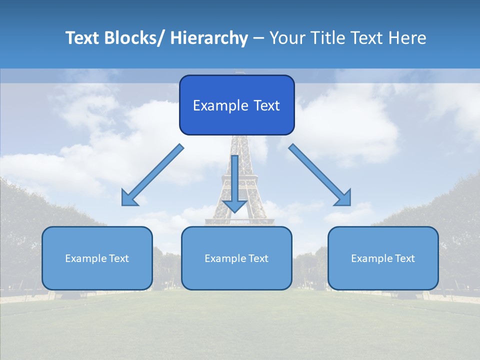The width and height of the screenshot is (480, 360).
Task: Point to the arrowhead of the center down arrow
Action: pos(234,205)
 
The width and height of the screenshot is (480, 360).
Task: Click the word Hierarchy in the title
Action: pos(209,38)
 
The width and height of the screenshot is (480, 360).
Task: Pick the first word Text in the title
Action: pos(82,38)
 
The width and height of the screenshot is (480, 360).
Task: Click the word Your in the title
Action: pos(287,38)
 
